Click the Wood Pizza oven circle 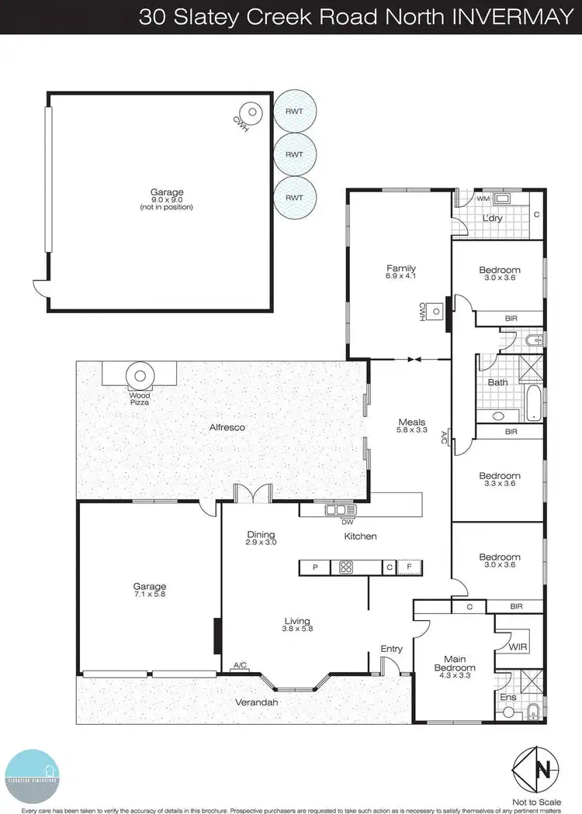click(x=140, y=377)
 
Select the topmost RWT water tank click(x=294, y=111)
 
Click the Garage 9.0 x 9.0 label click(x=166, y=193)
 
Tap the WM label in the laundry click(x=483, y=199)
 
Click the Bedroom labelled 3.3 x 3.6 click(x=499, y=476)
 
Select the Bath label click(x=497, y=382)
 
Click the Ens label click(x=508, y=697)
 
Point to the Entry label click(x=391, y=649)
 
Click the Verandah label click(x=256, y=702)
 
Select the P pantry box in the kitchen click(x=315, y=568)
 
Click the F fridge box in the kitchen click(x=409, y=568)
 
